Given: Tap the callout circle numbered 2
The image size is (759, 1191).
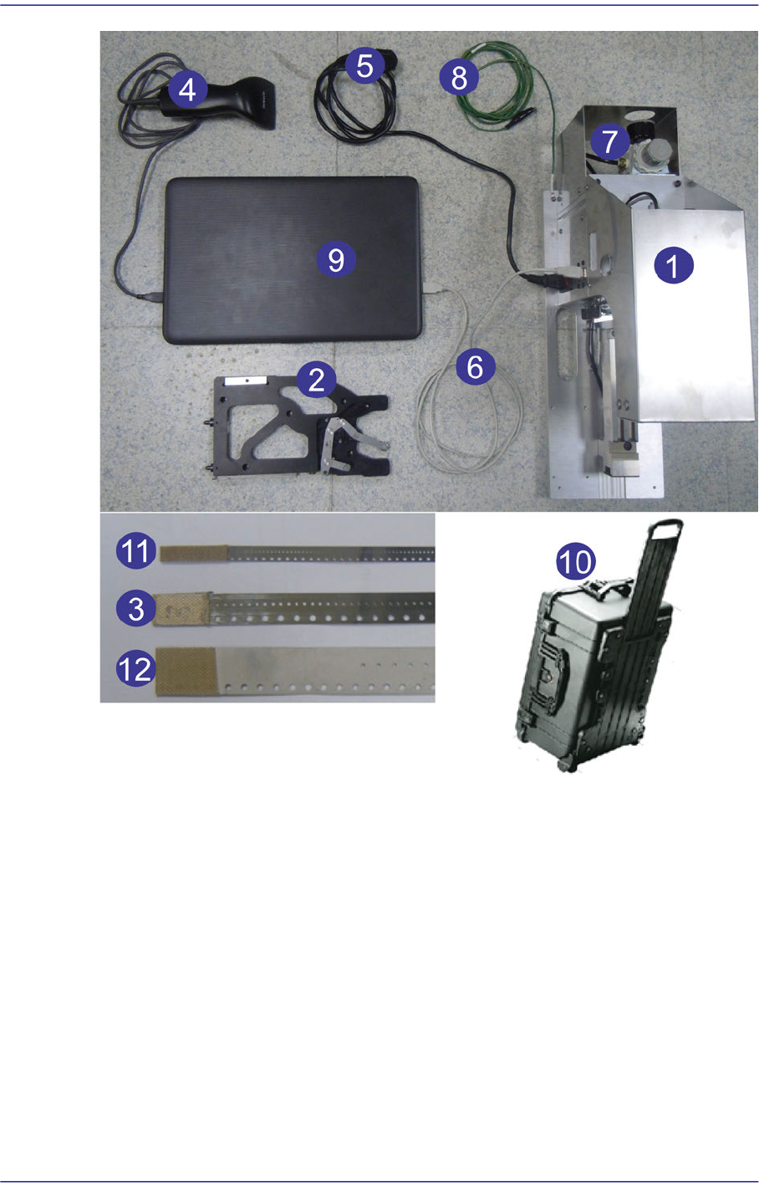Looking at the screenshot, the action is [x=316, y=380].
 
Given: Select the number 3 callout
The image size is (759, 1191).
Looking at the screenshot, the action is [x=136, y=608].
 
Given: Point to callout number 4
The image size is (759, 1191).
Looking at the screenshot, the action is [x=187, y=89].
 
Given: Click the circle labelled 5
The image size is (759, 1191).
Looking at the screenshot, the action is [x=365, y=65].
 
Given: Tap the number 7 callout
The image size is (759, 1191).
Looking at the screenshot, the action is [x=609, y=141].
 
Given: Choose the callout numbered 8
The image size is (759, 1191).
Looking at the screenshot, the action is [x=459, y=77].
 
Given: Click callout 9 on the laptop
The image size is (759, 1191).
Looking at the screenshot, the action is [x=336, y=259].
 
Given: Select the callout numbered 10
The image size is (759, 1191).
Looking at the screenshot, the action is [x=576, y=561].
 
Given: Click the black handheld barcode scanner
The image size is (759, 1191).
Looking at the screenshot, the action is [x=223, y=104].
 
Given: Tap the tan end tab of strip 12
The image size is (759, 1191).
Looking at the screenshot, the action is [x=186, y=671].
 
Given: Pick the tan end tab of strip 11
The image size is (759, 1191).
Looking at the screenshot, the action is [x=195, y=553].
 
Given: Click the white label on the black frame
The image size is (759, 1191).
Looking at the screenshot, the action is [x=245, y=381].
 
